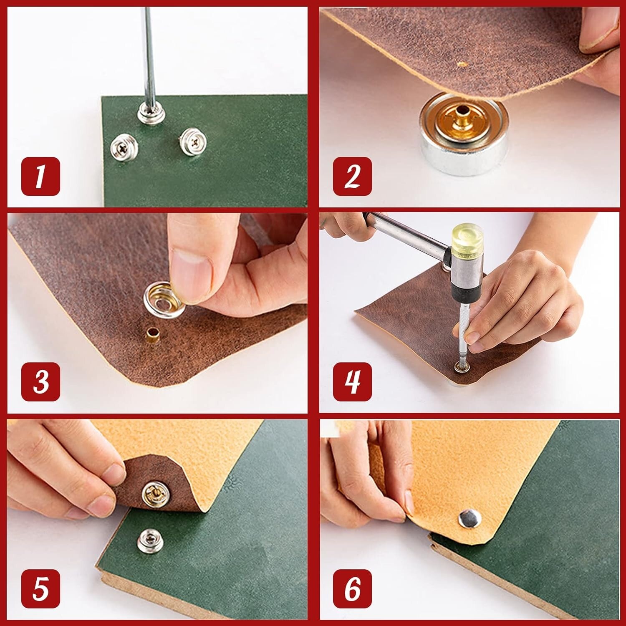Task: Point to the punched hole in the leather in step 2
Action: (x=461, y=65)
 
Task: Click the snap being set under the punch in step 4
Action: (x=460, y=368)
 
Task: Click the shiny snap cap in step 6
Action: (x=469, y=519)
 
